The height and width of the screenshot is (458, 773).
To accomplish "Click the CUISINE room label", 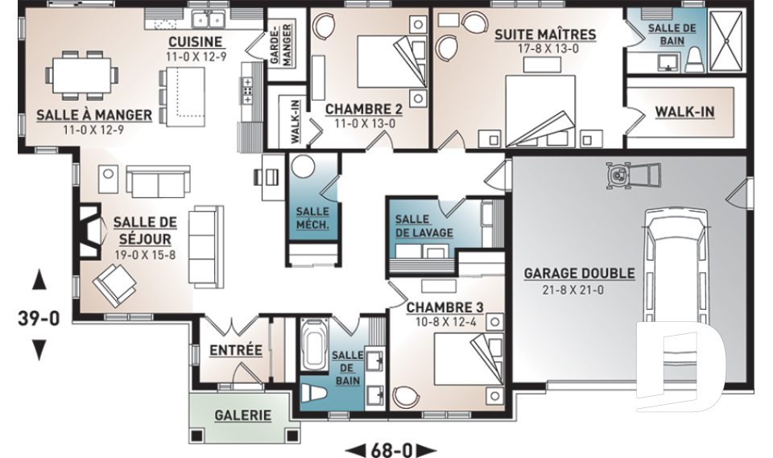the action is tap(196, 43).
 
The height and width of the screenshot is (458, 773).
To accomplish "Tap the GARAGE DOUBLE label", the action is tap(579, 274).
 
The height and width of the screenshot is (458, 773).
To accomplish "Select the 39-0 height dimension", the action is tap(39, 319).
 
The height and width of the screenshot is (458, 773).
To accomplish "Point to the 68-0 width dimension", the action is tap(391, 450).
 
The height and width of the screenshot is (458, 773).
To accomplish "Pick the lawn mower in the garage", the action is tap(633, 175).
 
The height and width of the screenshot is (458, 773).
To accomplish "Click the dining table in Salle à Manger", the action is tap(82, 76).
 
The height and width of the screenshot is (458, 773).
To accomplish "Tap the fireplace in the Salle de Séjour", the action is tap(89, 231).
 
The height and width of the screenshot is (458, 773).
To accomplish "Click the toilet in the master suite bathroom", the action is tap(693, 60).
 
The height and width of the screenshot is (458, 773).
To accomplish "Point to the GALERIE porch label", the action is tap(243, 415).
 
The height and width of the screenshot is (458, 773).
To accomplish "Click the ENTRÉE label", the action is tap(236, 350).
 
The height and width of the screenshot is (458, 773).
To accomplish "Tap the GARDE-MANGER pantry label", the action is tap(281, 44).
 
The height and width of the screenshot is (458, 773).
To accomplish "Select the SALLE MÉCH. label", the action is tap(312, 218).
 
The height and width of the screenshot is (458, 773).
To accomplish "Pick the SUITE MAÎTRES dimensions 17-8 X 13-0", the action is tap(548, 49).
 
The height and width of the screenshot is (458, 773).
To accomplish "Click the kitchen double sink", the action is tap(209, 19).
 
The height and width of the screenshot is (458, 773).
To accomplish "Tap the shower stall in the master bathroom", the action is tap(725, 41).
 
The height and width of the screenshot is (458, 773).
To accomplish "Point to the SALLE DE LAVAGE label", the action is tap(424, 226).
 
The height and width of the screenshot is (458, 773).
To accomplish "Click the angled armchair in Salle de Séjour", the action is tap(114, 285).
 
